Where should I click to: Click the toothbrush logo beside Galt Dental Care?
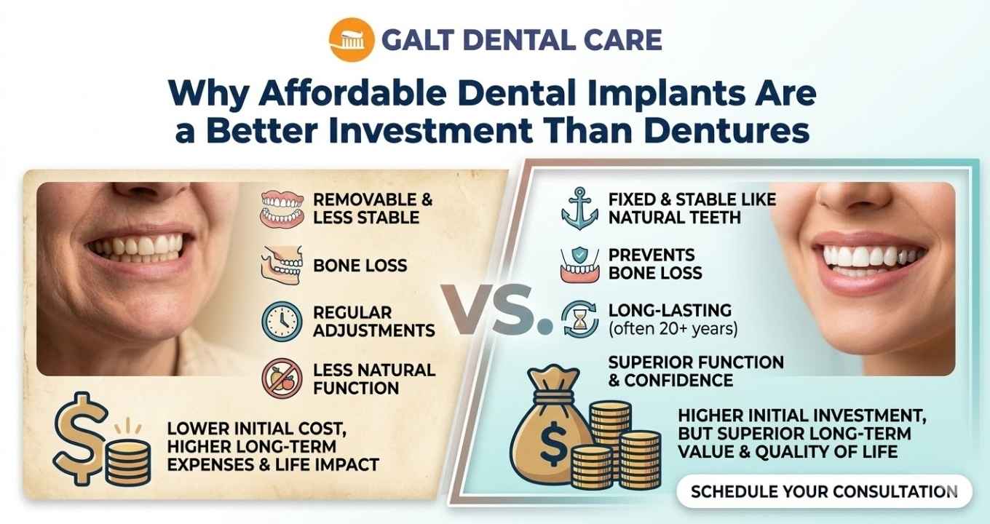pyautogui.click(x=348, y=39)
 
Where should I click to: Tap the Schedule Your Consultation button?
pyautogui.click(x=824, y=491)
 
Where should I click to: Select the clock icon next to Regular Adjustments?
pyautogui.click(x=282, y=321)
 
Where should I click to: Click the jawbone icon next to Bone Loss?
pyautogui.click(x=282, y=265)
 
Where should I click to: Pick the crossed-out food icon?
pyautogui.click(x=282, y=378)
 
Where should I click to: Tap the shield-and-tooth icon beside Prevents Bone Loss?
pyautogui.click(x=579, y=264)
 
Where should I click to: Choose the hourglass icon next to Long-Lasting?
pyautogui.click(x=579, y=320)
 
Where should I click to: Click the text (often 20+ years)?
pyautogui.click(x=673, y=329)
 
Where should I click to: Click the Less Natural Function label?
pyautogui.click(x=374, y=378)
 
